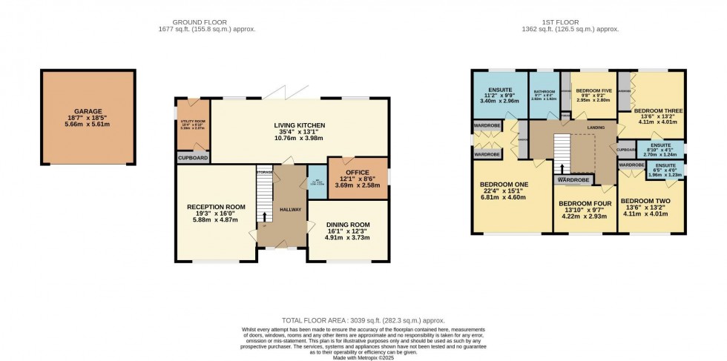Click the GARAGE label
click(x=88, y=111)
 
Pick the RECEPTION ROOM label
click(x=216, y=207)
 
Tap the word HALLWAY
click(x=290, y=210)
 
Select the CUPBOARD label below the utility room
click(x=193, y=158)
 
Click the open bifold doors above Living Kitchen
click(x=292, y=93)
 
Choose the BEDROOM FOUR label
click(x=584, y=203)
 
